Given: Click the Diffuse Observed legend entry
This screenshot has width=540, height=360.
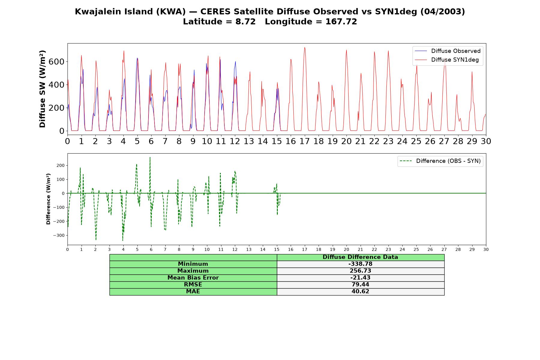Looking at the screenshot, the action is click(x=448, y=51).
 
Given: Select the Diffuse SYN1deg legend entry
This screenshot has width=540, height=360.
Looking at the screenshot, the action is click(x=447, y=60).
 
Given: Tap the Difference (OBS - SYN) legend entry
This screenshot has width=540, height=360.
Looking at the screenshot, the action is click(x=440, y=161).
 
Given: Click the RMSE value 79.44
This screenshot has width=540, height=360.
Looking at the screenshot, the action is click(x=360, y=285).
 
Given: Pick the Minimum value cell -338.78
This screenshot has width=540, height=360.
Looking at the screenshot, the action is click(x=360, y=264).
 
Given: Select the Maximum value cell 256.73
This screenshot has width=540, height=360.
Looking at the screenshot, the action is click(x=360, y=271).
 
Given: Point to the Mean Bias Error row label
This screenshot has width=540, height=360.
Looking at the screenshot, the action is click(x=193, y=278).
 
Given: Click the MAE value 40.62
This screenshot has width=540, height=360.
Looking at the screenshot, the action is click(x=360, y=292).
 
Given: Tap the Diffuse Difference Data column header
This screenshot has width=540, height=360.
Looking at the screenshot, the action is click(x=360, y=257).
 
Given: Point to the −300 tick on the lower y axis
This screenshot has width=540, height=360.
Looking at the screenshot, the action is click(x=58, y=235).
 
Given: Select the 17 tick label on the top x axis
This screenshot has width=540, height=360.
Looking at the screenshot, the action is click(x=305, y=141).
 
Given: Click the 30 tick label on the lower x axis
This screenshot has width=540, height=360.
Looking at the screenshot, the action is click(x=486, y=250).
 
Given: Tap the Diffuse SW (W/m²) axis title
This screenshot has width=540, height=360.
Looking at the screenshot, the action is click(x=42, y=89).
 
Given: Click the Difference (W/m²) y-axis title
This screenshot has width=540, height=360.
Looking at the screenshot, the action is click(x=48, y=199).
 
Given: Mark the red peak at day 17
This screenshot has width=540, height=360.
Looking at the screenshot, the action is click(x=304, y=47).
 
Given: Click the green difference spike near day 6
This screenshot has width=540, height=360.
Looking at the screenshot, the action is click(x=150, y=157).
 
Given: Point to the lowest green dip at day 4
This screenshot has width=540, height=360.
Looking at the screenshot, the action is click(x=123, y=240).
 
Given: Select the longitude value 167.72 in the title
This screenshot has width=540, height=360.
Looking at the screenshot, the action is click(x=341, y=22).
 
